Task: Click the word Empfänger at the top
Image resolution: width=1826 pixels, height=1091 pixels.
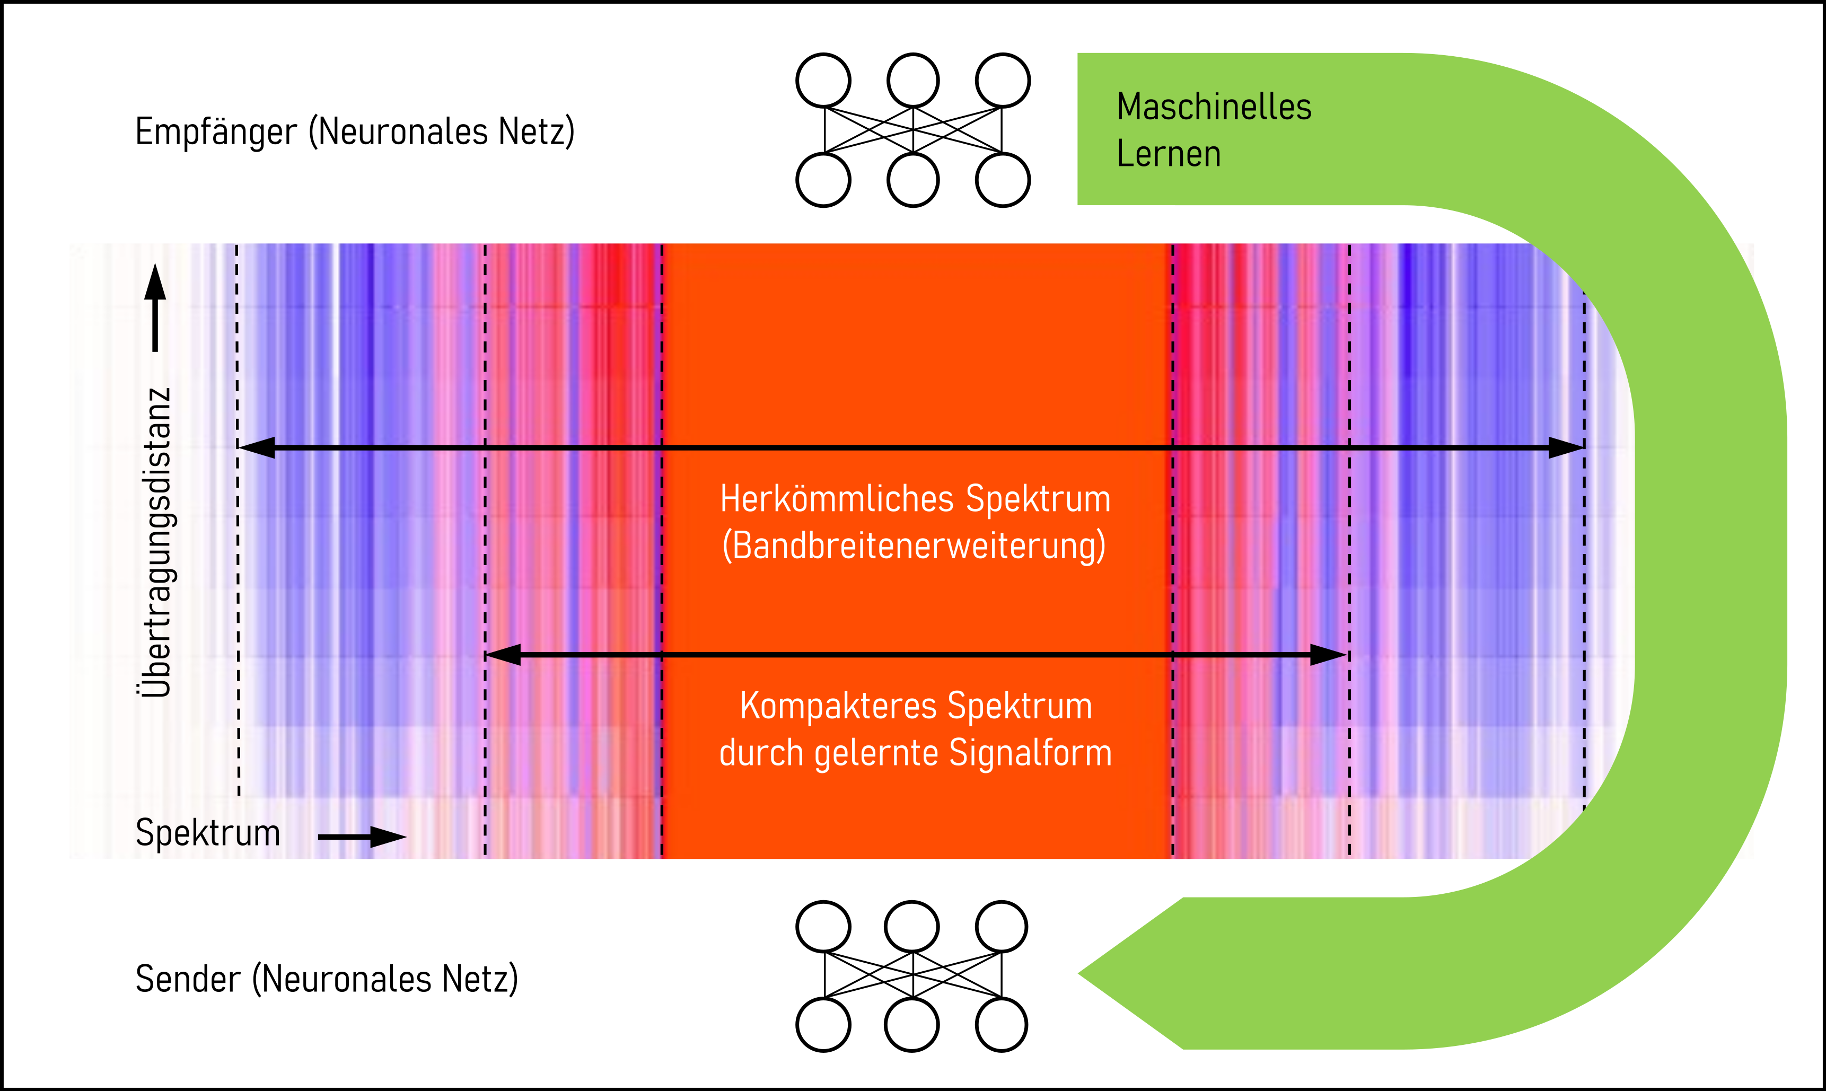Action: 216,133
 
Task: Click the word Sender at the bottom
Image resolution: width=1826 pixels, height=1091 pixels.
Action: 188,979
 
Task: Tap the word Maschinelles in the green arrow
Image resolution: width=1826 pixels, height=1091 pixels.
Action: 1214,107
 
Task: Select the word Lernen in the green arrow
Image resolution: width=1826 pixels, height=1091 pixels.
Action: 1168,154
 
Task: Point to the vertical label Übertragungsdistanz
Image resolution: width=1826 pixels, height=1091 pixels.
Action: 156,542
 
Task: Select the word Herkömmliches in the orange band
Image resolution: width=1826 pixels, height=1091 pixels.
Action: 837,499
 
